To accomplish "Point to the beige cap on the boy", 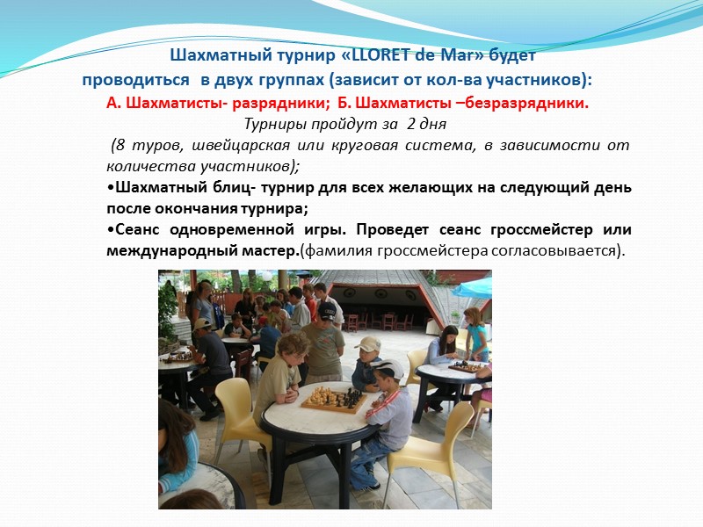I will coord(368,343).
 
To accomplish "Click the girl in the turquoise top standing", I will coord(476,332).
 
